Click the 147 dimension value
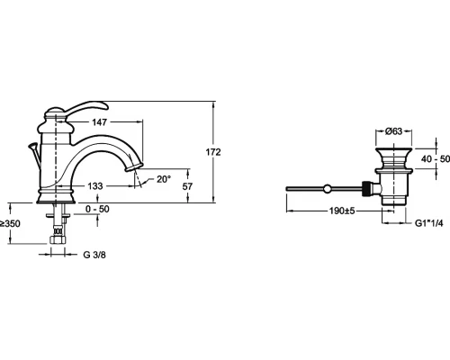point(99,122)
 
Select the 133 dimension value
point(95,186)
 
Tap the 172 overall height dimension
point(213,152)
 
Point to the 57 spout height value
point(187,186)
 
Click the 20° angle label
point(164,179)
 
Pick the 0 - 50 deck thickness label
point(97,209)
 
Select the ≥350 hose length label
point(10,224)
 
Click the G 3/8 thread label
point(94,255)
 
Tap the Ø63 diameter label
point(394,131)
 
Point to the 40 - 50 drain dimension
point(436,158)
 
